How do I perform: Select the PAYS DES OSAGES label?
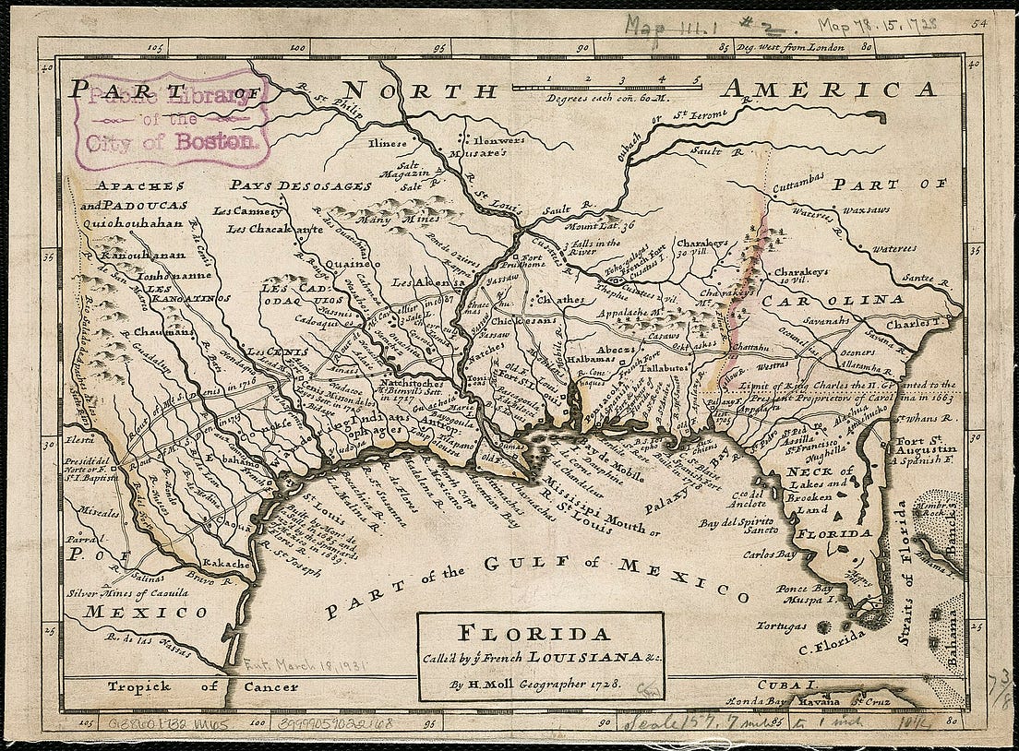[301, 185]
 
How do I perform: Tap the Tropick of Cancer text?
[202, 686]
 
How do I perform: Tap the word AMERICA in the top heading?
[829, 89]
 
